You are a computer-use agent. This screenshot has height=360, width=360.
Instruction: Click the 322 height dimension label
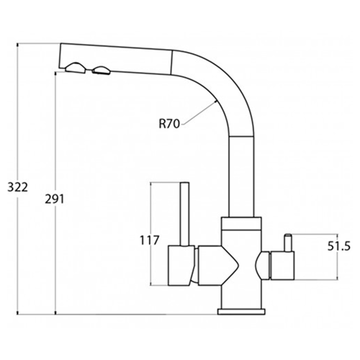(17, 187)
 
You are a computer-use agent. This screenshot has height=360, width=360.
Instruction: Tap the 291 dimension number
(55, 199)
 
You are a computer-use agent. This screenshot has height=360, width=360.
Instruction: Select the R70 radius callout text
(169, 125)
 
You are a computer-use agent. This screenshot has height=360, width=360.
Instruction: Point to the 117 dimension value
(150, 240)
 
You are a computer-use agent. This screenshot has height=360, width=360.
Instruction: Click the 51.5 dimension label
(339, 246)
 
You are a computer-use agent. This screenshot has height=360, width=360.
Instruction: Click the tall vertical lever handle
(185, 214)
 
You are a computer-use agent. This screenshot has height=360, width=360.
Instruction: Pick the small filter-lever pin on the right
(288, 243)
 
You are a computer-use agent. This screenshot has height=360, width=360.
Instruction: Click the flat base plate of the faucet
(242, 312)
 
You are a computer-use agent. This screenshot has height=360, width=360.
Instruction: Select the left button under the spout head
(75, 68)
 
